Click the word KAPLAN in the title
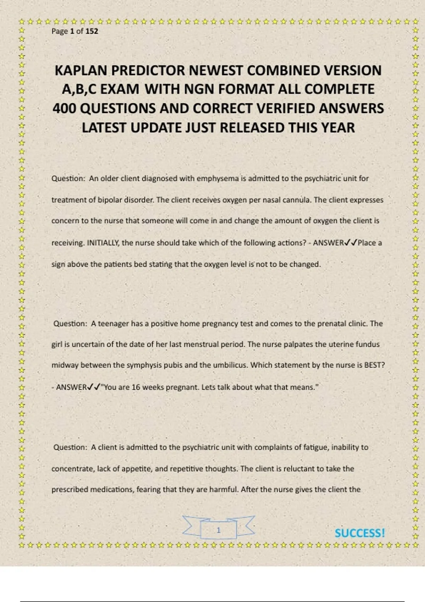81,70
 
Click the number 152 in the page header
92,31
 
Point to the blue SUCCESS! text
359,533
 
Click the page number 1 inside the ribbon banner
219,530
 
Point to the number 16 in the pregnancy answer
136,387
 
